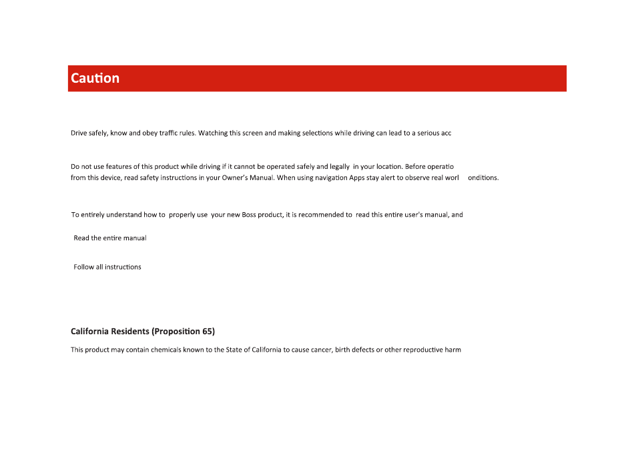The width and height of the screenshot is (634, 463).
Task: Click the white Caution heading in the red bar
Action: pos(95,78)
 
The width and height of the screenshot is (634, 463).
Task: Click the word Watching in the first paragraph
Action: pos(214,133)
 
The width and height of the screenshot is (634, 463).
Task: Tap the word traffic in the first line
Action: pos(166,133)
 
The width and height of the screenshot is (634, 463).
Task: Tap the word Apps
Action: pos(356,178)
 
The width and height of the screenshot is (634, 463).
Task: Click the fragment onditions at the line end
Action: pos(483,178)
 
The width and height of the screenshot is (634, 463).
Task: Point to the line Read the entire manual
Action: pos(110,238)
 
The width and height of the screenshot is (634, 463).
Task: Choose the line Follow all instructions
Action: pos(107,267)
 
